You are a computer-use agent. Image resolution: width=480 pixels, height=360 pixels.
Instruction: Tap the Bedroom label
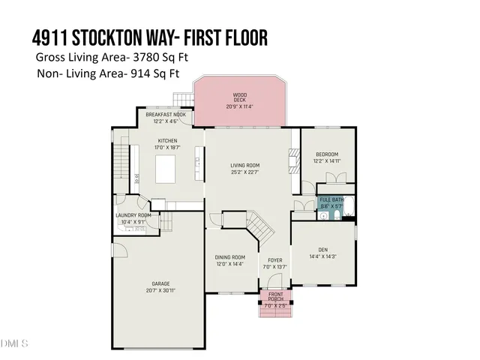click(327, 154)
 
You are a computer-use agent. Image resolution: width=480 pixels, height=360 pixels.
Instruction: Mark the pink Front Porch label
click(276, 296)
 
